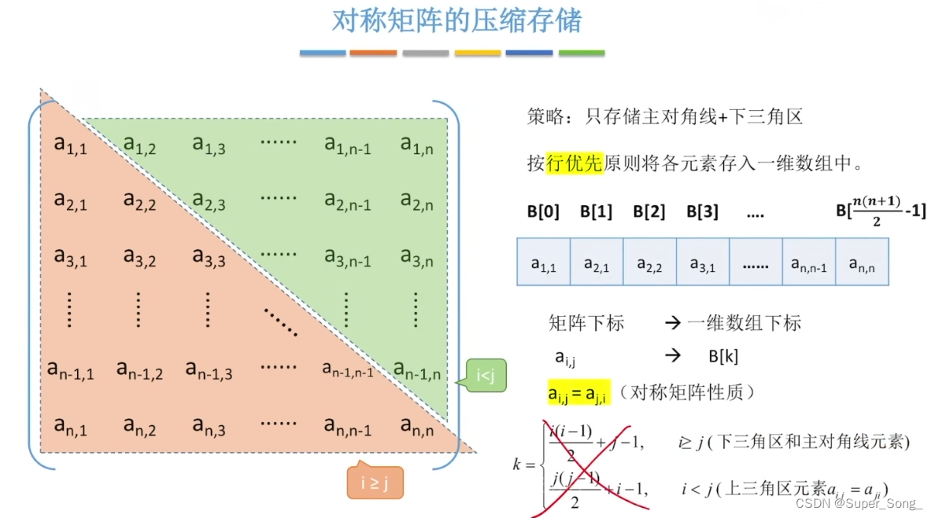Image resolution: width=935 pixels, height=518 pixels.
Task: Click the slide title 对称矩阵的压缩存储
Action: [456, 21]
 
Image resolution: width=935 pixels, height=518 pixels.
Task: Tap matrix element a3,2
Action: [139, 257]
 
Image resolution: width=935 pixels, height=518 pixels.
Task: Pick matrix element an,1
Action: [70, 427]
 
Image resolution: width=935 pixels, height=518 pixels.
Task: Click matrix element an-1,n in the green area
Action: [417, 369]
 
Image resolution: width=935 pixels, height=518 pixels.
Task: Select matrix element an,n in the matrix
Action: [416, 427]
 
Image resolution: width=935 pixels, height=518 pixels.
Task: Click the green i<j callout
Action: [486, 378]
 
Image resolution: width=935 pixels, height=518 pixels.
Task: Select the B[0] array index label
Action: [543, 212]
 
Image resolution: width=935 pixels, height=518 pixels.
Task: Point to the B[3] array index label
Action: [702, 212]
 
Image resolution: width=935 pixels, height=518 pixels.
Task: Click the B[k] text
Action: [723, 357]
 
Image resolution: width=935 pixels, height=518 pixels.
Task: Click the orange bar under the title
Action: [373, 53]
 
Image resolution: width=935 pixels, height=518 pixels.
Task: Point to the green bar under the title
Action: [582, 53]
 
